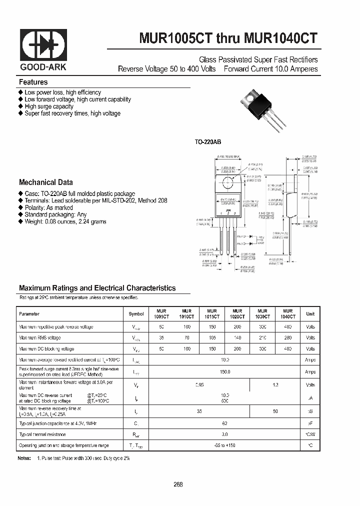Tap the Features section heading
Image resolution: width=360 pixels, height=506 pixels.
coord(33,82)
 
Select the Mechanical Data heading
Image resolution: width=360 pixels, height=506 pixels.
coord(45,182)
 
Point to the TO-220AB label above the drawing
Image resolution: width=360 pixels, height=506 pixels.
coord(207,142)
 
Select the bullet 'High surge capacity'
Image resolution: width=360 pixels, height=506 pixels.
coord(48,106)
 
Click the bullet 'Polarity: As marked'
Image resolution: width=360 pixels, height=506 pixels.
coord(48,207)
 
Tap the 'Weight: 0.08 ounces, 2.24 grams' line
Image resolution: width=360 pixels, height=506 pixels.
coord(65,221)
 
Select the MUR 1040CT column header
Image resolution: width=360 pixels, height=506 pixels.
coord(287,314)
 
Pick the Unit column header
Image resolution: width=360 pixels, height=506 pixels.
coord(310,314)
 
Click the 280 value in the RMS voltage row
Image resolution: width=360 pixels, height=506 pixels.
coord(287,338)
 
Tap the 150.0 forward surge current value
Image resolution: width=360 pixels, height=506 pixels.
coord(224,372)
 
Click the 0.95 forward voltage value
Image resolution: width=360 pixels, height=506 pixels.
coord(185,385)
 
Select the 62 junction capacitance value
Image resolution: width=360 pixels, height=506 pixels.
coord(224,422)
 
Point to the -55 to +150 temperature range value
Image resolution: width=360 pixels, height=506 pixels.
coord(224,445)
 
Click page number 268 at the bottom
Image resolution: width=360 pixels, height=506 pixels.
coord(178,484)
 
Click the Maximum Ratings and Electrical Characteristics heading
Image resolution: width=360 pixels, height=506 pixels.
coord(97,288)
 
